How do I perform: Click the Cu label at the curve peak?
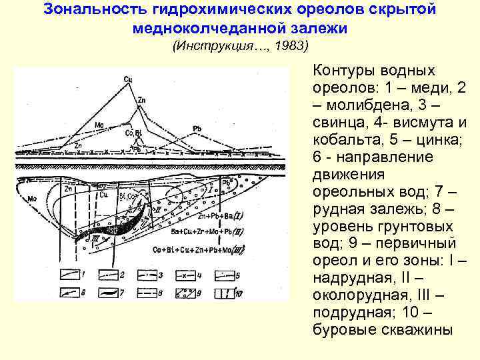click(x=127, y=79)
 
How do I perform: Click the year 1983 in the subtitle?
click(x=291, y=46)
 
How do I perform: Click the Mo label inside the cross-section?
click(x=31, y=199)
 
